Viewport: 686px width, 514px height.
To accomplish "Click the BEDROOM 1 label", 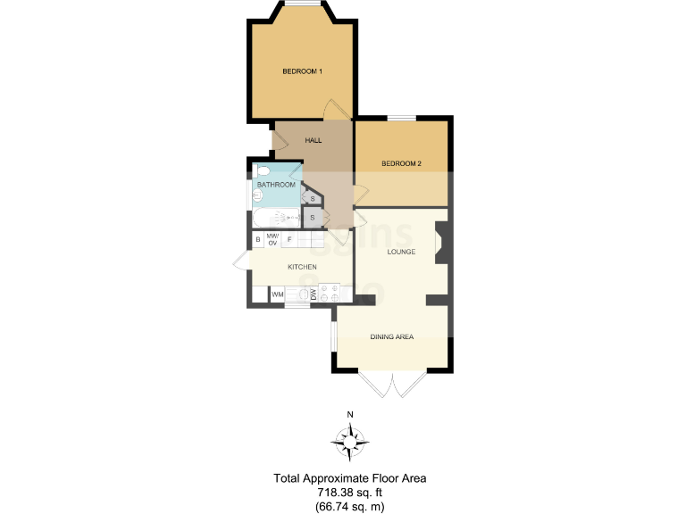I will pyautogui.click(x=302, y=71).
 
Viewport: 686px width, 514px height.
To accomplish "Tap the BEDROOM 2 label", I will pyautogui.click(x=401, y=163).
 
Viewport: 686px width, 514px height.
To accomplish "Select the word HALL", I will pyautogui.click(x=314, y=140).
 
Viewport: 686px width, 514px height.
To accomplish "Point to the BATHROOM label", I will pyautogui.click(x=276, y=185).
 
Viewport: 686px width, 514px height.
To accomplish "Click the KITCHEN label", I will pyautogui.click(x=302, y=267).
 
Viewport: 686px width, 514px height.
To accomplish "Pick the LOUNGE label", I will pyautogui.click(x=402, y=253).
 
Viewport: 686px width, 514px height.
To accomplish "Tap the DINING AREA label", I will pyautogui.click(x=392, y=336).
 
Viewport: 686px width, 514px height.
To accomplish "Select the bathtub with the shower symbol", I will pyautogui.click(x=278, y=217).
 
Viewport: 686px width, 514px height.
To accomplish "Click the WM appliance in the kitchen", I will pyautogui.click(x=278, y=294).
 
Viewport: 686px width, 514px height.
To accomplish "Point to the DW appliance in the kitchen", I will pyautogui.click(x=314, y=294).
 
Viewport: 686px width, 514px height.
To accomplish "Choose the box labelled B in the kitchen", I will pyautogui.click(x=258, y=239).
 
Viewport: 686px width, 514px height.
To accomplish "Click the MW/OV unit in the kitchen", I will pyautogui.click(x=273, y=239).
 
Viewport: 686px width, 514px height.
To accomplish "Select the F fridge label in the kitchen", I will pyautogui.click(x=289, y=239).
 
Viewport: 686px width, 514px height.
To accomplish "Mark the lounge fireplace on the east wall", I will pyautogui.click(x=441, y=243).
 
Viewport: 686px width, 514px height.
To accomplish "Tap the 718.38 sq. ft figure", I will pyautogui.click(x=349, y=493).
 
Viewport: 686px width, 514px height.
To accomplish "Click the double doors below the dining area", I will pyautogui.click(x=392, y=385).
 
